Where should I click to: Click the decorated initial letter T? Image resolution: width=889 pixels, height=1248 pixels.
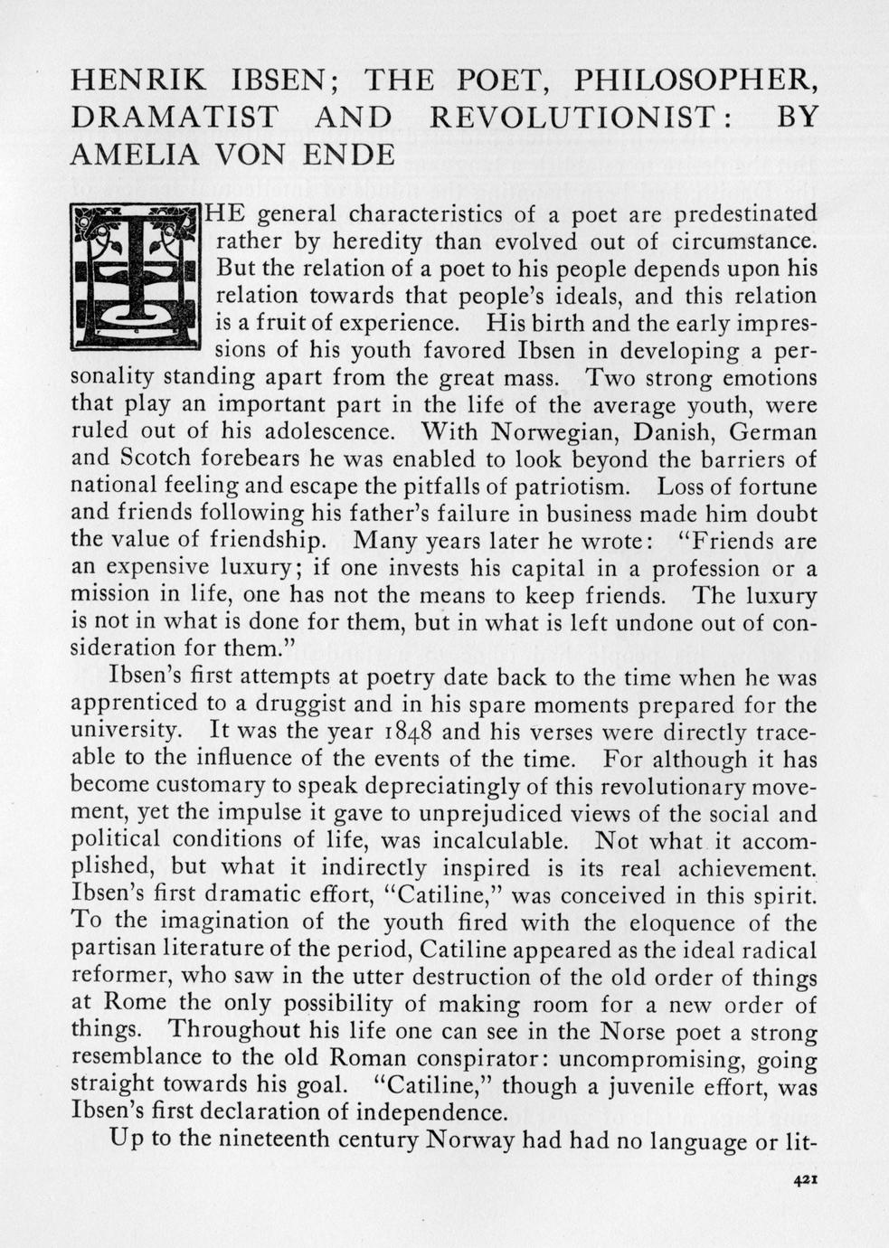coord(135,277)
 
